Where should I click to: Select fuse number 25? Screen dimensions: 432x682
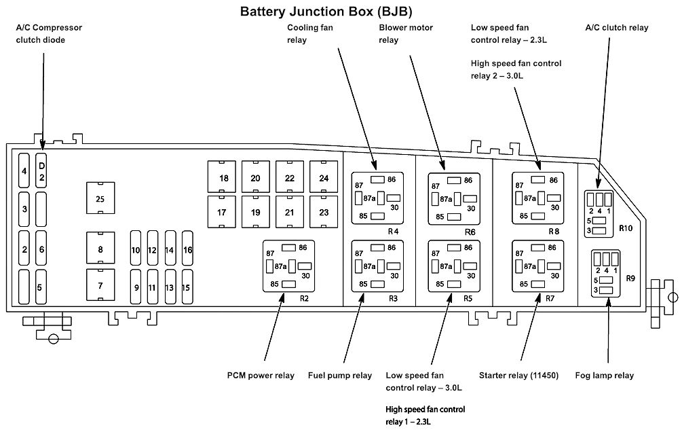(100, 198)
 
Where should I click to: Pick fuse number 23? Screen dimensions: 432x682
(324, 212)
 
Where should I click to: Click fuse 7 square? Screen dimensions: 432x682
(100, 285)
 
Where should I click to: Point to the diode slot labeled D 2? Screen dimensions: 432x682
(41, 171)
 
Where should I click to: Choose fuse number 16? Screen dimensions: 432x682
(187, 250)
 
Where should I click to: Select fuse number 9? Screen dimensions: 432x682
(136, 287)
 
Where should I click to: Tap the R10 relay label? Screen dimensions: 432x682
(625, 228)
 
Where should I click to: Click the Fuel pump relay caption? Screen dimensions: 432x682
(340, 376)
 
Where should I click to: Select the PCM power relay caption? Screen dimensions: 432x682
(261, 376)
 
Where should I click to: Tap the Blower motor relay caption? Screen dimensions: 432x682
(406, 34)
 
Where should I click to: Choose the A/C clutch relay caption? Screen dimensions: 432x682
(616, 28)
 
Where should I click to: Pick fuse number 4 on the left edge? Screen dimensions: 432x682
(24, 171)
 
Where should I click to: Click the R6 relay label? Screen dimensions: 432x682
(470, 232)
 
